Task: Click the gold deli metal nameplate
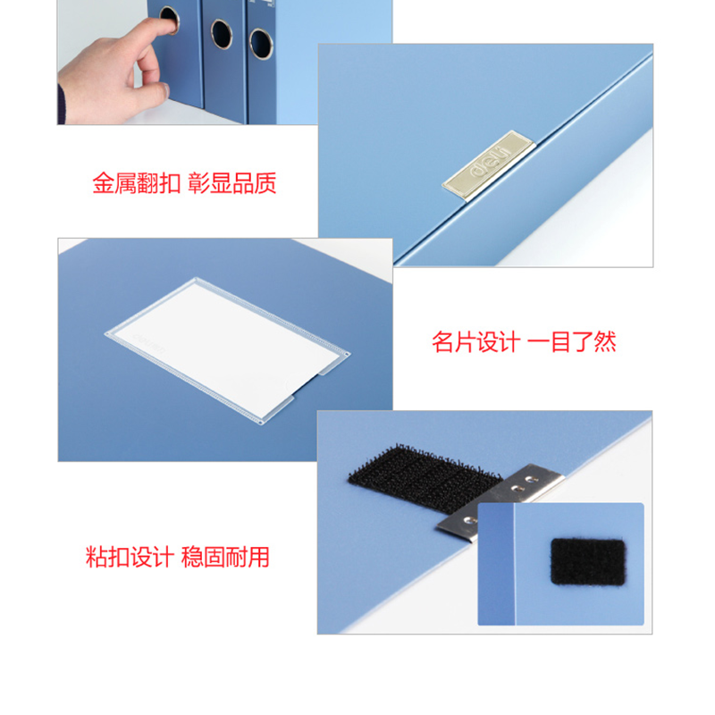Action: coord(488,165)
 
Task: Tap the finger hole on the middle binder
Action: coord(222,34)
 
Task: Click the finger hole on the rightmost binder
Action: coord(261,44)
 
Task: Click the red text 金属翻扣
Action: coord(137,183)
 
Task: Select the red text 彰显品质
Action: coord(232,183)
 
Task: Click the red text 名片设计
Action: coord(476,342)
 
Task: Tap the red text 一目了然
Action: coord(572,342)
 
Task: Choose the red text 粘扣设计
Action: coord(130,557)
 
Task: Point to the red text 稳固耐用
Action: coord(225,557)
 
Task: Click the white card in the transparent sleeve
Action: coord(227,349)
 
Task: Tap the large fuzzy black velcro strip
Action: coord(424,475)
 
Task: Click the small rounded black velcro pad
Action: coord(588,562)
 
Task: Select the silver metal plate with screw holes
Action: coord(500,500)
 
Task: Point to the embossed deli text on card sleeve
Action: coord(149,344)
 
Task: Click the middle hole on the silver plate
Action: coord(517,489)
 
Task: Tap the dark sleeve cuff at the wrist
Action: coord(61,105)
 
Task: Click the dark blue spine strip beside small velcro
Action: coord(496,564)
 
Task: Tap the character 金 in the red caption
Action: coord(103,183)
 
